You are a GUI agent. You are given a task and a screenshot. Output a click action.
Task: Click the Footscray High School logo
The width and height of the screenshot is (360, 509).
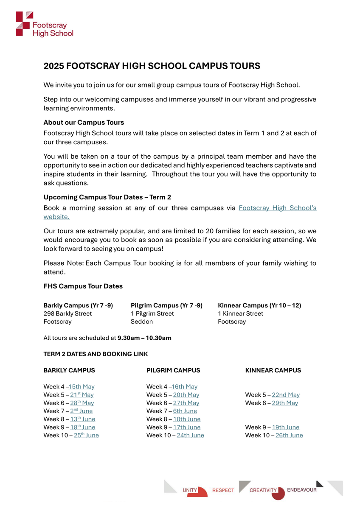[44, 24]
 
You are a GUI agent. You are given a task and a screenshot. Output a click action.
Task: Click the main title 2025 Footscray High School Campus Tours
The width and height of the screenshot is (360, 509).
[152, 66]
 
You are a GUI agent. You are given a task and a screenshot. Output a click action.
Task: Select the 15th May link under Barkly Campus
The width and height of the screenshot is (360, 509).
[82, 387]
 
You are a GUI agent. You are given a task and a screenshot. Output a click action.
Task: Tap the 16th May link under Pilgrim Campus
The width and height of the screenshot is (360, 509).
[185, 387]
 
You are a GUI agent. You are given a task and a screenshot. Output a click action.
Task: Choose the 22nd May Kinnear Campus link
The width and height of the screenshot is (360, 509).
[286, 395]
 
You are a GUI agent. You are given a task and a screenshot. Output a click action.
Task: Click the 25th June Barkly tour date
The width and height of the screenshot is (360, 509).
[86, 436]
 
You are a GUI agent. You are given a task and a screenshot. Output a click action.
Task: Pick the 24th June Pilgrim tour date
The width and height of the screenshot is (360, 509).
[190, 436]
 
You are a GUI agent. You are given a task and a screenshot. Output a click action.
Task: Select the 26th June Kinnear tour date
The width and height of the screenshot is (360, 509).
[289, 436]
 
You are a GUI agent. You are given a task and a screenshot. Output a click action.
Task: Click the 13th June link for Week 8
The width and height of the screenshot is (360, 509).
[83, 420]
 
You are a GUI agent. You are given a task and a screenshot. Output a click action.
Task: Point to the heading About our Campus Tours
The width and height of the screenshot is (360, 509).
[84, 123]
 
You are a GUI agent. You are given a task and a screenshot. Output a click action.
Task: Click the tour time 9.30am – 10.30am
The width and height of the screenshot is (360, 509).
[144, 338]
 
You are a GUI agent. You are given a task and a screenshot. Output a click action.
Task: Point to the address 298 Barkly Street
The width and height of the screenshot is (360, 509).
[67, 314]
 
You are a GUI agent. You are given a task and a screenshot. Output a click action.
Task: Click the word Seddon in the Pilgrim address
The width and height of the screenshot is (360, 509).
[142, 322]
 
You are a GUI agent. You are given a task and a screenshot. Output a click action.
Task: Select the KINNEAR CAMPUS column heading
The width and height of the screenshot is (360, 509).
[273, 370]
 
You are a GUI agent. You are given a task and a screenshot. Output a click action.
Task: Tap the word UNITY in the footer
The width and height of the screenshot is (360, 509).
[190, 490]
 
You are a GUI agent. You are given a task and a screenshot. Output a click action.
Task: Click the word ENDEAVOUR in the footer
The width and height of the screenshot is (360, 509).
[301, 490]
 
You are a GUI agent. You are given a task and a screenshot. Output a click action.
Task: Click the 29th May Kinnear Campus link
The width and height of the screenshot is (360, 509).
[285, 403]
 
